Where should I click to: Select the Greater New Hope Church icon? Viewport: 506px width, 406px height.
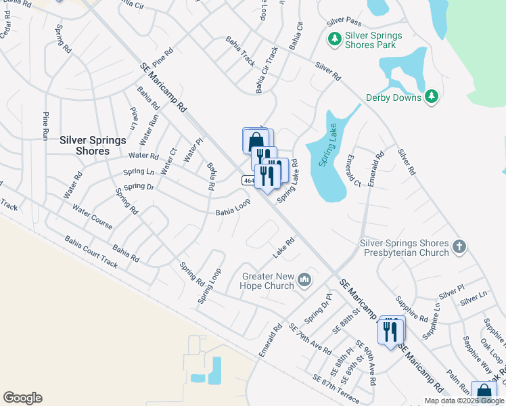click(304, 279)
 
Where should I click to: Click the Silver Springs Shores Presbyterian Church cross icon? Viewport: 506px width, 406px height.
click(459, 246)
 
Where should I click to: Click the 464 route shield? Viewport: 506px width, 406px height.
click(248, 181)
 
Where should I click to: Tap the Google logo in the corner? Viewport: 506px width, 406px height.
click(22, 398)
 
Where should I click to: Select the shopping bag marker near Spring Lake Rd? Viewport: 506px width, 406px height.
click(254, 141)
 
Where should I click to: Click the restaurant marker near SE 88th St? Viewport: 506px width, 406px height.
click(391, 332)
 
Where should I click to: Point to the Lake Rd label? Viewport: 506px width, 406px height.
click(284, 248)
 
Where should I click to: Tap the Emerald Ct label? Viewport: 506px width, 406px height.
click(352, 170)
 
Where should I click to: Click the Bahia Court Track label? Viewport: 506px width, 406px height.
click(91, 252)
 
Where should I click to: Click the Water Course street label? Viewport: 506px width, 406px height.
click(92, 217)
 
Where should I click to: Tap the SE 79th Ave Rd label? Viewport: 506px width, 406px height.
click(310, 340)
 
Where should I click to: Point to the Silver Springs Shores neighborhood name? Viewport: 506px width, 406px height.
click(93, 145)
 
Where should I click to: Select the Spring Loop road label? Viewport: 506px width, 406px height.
click(210, 286)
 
